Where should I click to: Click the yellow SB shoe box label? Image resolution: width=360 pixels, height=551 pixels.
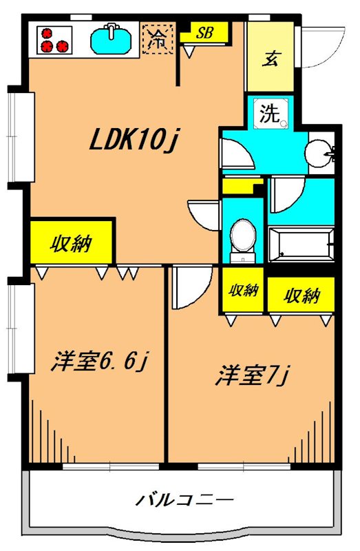204,32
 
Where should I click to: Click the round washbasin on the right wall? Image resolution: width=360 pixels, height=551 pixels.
319,152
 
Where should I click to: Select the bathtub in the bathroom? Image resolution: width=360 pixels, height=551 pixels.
300,245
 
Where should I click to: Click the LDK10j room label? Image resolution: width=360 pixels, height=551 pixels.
134,141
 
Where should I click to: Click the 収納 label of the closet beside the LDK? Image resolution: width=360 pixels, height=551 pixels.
71,244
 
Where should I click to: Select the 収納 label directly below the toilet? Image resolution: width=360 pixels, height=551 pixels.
243,290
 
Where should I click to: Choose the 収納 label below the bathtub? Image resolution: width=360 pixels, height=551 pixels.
301,295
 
